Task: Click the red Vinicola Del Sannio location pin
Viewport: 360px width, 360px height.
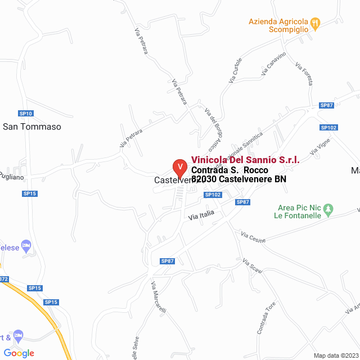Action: tap(179, 167)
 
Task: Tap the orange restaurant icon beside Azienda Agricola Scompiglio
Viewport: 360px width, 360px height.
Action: tap(315, 23)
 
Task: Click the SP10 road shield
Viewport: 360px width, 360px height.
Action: tap(26, 113)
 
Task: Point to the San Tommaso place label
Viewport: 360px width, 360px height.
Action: tap(32, 127)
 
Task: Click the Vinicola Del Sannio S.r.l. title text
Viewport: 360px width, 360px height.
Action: tap(245, 160)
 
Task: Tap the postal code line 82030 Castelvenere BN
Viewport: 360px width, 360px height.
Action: tap(238, 179)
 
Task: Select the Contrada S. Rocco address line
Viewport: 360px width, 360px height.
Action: tap(229, 170)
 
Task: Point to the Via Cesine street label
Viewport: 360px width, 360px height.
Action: tap(253, 237)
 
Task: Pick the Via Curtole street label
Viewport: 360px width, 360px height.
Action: tap(235, 71)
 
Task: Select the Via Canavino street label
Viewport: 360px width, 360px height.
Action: tap(274, 64)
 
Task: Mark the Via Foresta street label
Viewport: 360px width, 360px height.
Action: tap(304, 73)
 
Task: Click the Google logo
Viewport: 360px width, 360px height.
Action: tap(19, 353)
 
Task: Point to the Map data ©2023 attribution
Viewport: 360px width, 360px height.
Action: tap(336, 355)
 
